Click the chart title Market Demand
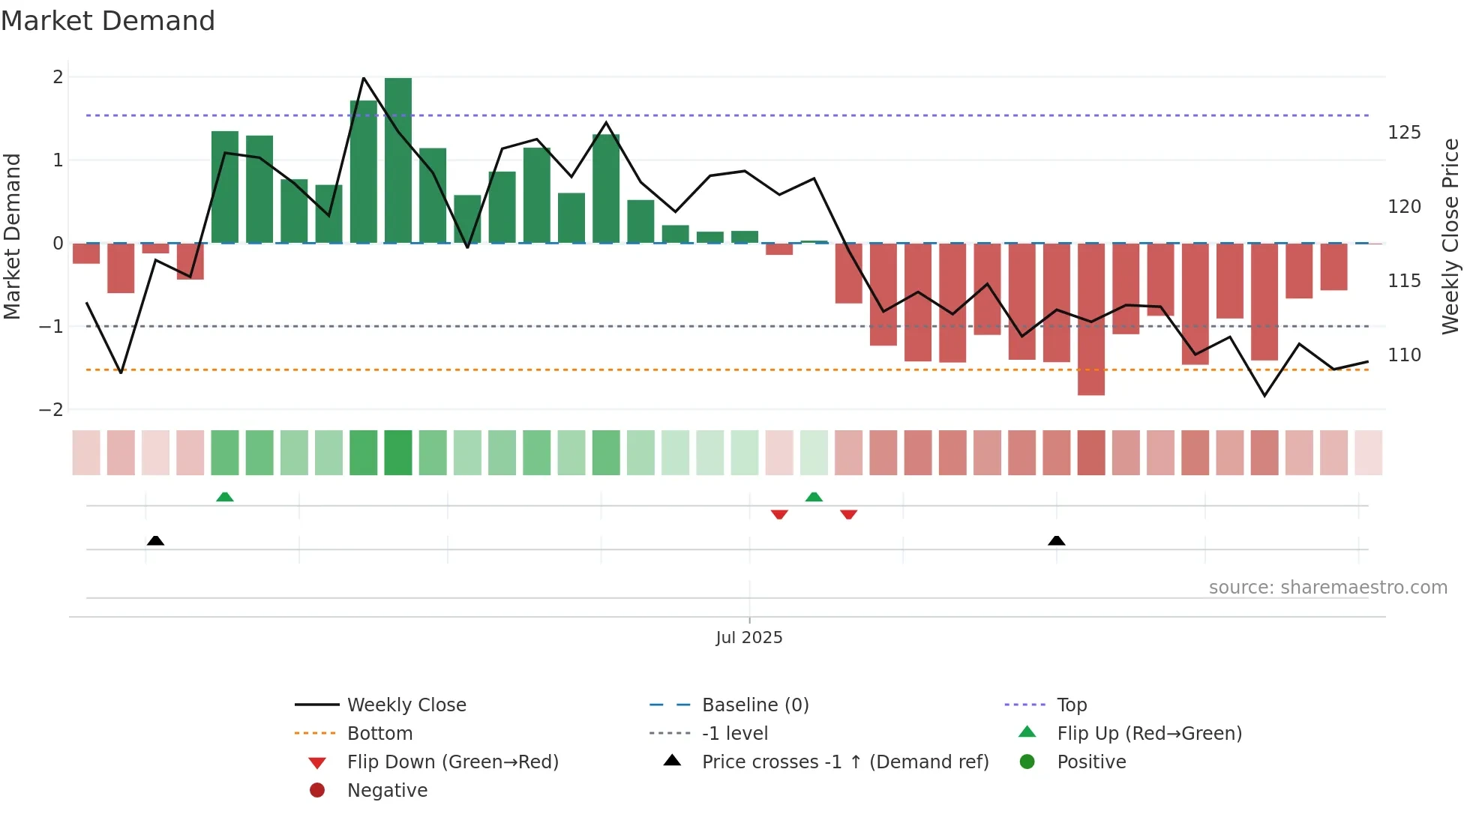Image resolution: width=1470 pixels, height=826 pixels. pos(108,21)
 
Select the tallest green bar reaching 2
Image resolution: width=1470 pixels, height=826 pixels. pos(398,160)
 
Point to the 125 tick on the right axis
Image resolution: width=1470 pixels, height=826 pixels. pos(1404,133)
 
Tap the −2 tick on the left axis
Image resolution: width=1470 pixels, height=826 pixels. pos(52,410)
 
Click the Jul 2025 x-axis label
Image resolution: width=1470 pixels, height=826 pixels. pos(748,638)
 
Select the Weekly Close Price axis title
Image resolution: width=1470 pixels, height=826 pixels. pos(1450,236)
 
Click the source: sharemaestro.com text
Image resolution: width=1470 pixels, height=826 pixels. pos(1327,588)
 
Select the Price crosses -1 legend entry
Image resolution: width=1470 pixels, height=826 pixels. pos(844,762)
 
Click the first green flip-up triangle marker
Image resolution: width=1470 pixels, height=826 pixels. pos(225,497)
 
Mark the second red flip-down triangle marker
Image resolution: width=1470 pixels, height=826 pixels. pos(849,514)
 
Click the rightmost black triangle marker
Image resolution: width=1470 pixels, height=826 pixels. pos(1056,540)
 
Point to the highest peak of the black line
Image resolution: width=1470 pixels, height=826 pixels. pos(364,78)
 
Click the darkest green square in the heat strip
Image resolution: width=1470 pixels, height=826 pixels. pos(398,453)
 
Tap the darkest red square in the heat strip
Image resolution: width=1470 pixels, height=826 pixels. pos(1091,453)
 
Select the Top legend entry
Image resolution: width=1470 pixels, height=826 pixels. pos(1071,705)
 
